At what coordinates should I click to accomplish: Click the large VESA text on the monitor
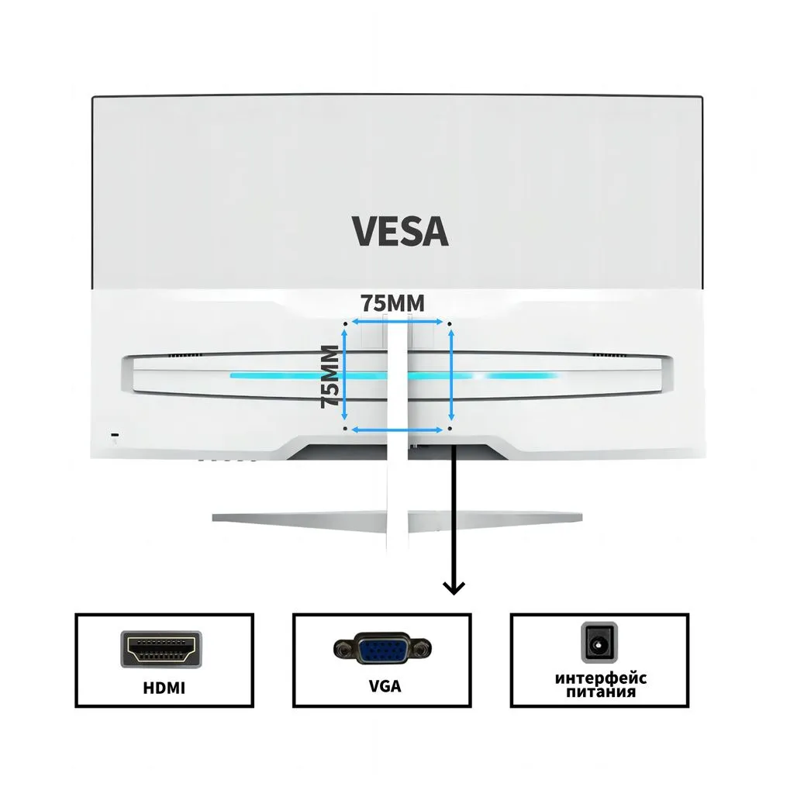[x=399, y=231]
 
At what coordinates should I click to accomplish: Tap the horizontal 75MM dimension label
[x=392, y=303]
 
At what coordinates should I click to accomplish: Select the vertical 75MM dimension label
[x=330, y=376]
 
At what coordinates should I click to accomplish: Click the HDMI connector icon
[x=163, y=649]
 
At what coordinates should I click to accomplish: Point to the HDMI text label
[x=164, y=687]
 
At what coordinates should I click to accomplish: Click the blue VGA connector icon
[x=381, y=649]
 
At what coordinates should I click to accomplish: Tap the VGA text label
[x=385, y=686]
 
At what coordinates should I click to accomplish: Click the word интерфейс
[x=601, y=678]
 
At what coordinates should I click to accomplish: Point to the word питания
[x=601, y=692]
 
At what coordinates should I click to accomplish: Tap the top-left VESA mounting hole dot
[x=345, y=320]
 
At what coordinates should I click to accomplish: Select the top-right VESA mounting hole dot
[x=450, y=320]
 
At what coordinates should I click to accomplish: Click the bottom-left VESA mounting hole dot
[x=345, y=428]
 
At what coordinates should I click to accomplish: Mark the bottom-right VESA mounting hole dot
[x=450, y=428]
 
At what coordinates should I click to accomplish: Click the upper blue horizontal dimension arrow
[x=398, y=321]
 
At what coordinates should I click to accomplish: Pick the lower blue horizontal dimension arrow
[x=398, y=429]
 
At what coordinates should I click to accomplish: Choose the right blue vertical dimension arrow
[x=450, y=374]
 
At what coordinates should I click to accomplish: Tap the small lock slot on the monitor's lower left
[x=116, y=435]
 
